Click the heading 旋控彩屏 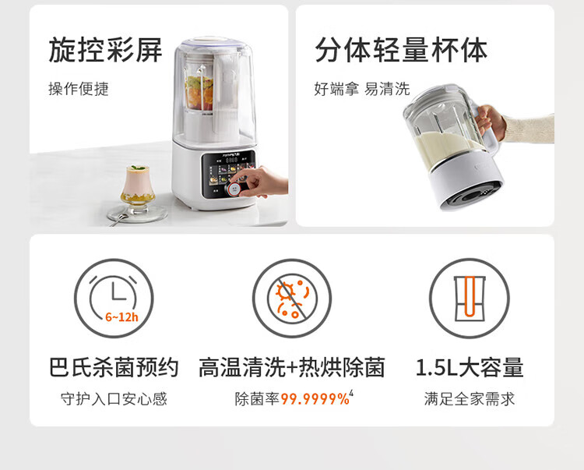[105, 50]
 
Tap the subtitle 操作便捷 [78, 89]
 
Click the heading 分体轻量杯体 [401, 50]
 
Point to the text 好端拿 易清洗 [361, 89]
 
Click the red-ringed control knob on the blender [234, 189]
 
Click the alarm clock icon [114, 299]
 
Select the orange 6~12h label [121, 317]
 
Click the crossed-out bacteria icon [292, 299]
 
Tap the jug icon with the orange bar [470, 299]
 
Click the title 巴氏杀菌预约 [114, 367]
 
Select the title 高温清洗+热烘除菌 [292, 367]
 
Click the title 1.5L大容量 [470, 367]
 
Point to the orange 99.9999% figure [315, 399]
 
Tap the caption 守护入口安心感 [114, 399]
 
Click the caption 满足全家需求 [470, 399]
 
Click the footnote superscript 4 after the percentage [351, 394]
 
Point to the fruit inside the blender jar [199, 93]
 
